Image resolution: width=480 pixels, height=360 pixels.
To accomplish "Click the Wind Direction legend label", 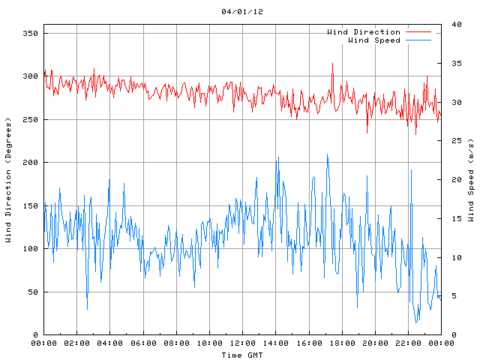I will pyautogui.click(x=364, y=31).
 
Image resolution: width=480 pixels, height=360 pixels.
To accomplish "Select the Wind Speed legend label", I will pyautogui.click(x=373, y=40).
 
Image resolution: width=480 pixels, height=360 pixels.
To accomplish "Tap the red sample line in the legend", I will pyautogui.click(x=419, y=31).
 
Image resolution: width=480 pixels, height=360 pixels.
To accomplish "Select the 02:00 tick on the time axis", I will pyautogui.click(x=77, y=343).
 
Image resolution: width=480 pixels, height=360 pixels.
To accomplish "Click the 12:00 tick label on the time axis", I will pyautogui.click(x=242, y=343).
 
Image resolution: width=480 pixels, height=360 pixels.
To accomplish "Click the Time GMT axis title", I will pyautogui.click(x=242, y=354).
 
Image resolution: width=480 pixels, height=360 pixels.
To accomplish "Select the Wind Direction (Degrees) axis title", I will pyautogui.click(x=9, y=180).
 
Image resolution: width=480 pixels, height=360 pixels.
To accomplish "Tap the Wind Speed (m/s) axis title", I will pyautogui.click(x=470, y=180).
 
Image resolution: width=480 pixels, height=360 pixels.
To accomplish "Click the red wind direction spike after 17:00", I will pyautogui.click(x=332, y=64).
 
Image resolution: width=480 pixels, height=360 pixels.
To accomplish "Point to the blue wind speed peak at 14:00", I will pyautogui.click(x=278, y=158).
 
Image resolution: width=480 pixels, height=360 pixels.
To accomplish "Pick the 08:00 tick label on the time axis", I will pyautogui.click(x=176, y=343).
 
